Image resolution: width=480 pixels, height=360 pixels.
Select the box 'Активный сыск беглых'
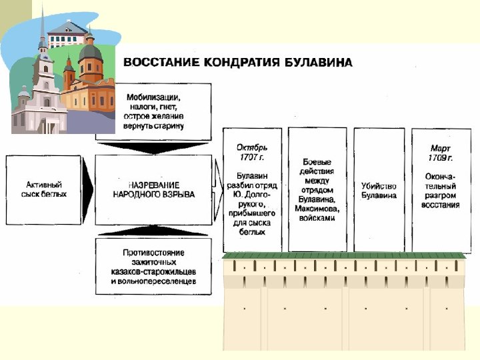[44, 189]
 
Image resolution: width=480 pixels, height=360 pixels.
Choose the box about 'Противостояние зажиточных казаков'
[153, 267]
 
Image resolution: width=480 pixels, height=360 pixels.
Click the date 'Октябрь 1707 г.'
[252, 151]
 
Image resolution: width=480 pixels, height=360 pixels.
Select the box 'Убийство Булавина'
[379, 191]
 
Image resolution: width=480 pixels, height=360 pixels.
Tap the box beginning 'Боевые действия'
[317, 190]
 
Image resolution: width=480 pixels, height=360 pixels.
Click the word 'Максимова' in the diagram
[317, 209]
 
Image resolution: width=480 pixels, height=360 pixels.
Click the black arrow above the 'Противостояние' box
[153, 231]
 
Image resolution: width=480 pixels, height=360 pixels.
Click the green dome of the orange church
[90, 51]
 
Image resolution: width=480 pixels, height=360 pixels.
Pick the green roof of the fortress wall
[343, 255]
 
